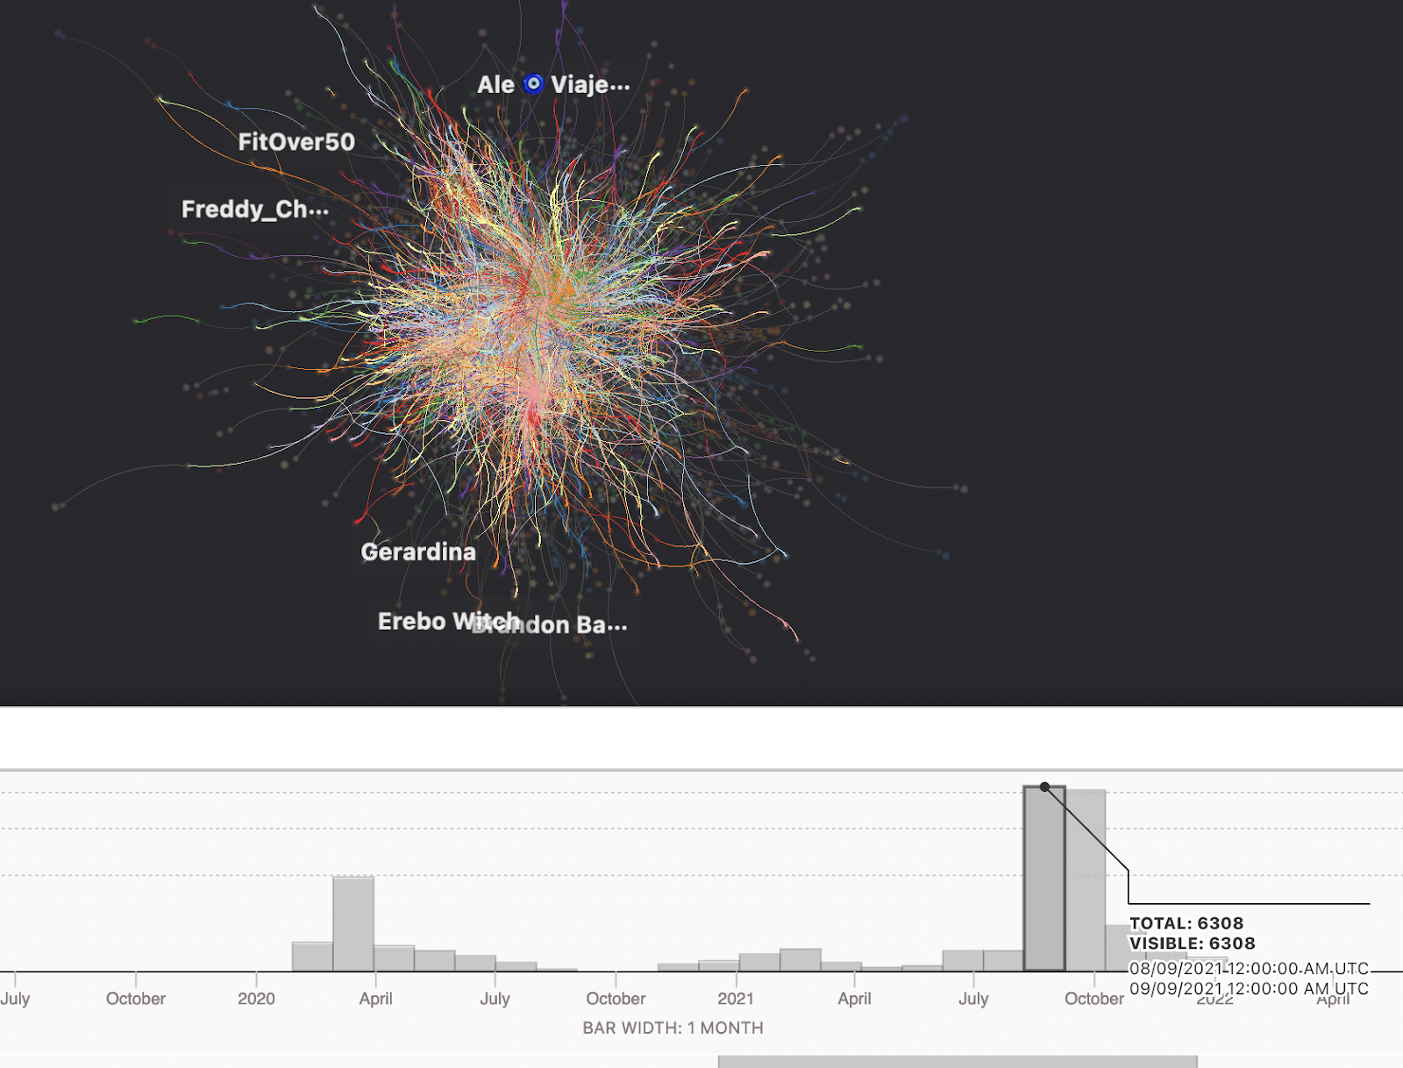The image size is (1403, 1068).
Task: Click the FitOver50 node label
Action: click(296, 142)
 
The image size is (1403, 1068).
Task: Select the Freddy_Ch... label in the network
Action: click(254, 210)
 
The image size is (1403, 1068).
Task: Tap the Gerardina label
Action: click(418, 552)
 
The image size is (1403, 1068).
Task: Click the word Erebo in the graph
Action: click(411, 622)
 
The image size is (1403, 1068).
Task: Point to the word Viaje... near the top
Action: click(590, 85)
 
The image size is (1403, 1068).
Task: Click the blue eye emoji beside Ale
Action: click(533, 84)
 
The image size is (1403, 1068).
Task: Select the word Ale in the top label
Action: click(495, 85)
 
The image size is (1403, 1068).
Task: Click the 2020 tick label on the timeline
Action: click(256, 999)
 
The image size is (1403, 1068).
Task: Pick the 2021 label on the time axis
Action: click(735, 999)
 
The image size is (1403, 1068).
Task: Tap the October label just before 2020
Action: click(136, 999)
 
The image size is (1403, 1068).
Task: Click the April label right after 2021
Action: click(854, 999)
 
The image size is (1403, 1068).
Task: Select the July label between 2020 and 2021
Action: click(495, 999)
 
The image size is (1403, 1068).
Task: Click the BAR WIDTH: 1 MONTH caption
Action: click(673, 1028)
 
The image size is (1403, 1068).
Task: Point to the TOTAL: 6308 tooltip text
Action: click(1186, 923)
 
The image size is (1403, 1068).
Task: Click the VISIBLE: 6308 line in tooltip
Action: click(1192, 943)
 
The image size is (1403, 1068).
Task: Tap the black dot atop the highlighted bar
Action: click(1044, 787)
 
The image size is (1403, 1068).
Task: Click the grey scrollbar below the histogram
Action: click(957, 1062)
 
